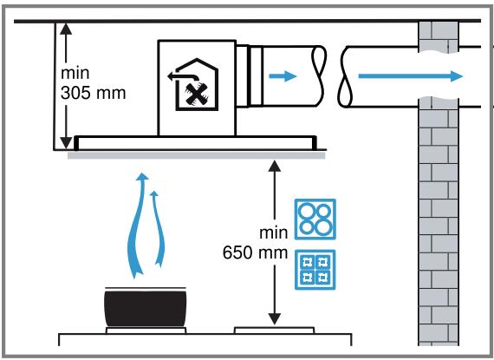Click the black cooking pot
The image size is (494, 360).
click(146, 309)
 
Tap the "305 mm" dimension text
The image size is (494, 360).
click(94, 93)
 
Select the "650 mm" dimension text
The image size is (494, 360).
click(255, 252)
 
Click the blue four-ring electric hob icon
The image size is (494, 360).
click(315, 219)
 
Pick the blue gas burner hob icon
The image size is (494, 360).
click(315, 270)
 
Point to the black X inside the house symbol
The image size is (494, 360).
click(198, 95)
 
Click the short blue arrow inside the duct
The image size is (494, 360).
click(283, 76)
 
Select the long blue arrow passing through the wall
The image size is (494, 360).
click(411, 76)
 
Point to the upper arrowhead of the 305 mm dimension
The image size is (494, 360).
click(66, 29)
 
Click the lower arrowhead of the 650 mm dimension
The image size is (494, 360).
click(275, 318)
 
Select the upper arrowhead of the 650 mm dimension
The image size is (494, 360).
click(275, 166)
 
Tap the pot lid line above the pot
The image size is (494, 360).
click(146, 288)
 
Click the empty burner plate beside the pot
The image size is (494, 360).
click(275, 330)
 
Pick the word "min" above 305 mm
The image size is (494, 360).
click(75, 74)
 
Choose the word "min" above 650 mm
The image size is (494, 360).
click(274, 233)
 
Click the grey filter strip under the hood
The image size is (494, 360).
click(196, 155)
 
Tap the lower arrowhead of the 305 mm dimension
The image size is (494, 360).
click(66, 142)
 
